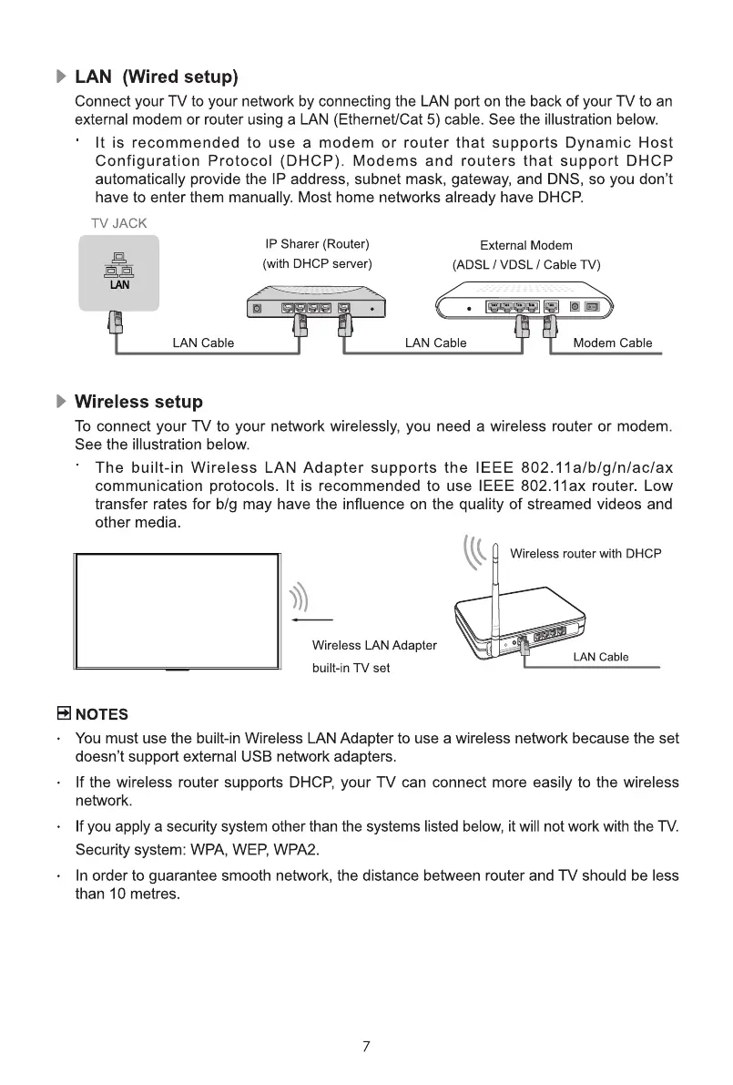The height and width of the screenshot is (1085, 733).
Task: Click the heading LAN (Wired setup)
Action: click(x=156, y=75)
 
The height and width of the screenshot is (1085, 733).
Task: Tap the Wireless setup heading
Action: click(x=138, y=402)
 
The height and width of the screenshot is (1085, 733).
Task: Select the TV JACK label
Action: click(x=118, y=222)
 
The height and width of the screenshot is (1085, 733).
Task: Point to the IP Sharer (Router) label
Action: click(x=317, y=244)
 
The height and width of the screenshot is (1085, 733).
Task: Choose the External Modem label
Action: click(x=526, y=245)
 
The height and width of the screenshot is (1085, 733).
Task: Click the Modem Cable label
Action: click(x=613, y=343)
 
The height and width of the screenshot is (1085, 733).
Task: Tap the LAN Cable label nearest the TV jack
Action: click(x=203, y=343)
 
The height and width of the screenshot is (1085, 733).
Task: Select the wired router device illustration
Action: click(x=314, y=304)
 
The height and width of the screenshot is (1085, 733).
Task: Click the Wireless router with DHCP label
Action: click(x=585, y=554)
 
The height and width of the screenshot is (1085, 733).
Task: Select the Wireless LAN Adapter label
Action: click(x=374, y=646)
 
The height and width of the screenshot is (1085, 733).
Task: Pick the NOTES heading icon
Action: click(x=65, y=713)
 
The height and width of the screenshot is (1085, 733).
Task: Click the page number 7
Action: click(x=366, y=1047)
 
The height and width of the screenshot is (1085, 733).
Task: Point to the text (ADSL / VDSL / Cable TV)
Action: click(x=526, y=265)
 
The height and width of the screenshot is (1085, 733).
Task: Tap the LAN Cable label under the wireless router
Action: click(x=601, y=658)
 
